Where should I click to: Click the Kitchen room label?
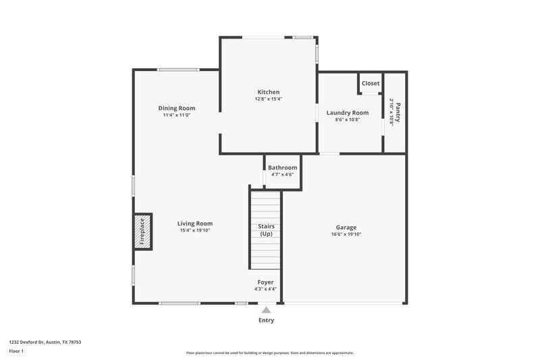pos(268,92)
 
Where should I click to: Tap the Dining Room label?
pos(177,108)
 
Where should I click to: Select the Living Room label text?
pos(195,224)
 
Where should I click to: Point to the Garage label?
pos(346,228)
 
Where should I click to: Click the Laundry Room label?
pos(348,113)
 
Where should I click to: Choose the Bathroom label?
pos(282,168)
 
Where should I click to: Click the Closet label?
pos(371,84)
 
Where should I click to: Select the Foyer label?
pos(265,282)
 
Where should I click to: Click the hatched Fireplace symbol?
pos(142,232)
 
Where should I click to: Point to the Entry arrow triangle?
pos(266,310)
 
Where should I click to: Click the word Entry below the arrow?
pos(266,320)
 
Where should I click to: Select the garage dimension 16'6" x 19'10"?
pos(346,235)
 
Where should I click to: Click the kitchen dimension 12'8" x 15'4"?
pos(268,99)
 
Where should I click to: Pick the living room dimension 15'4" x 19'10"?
pos(195,231)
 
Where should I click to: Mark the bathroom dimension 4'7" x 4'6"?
pos(282,174)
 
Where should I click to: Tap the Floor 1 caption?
pos(16,352)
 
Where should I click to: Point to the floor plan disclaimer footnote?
pos(269,353)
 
